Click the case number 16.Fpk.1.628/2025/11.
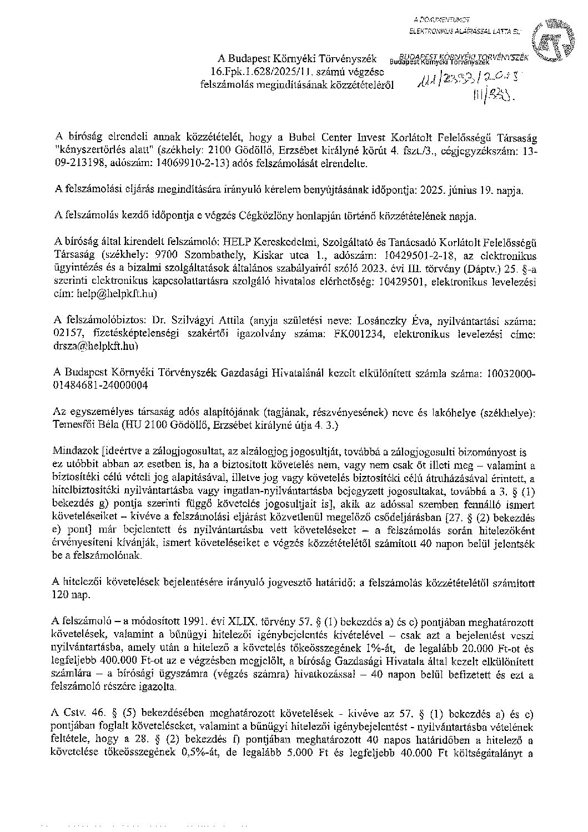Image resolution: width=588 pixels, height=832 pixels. pos(255,73)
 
